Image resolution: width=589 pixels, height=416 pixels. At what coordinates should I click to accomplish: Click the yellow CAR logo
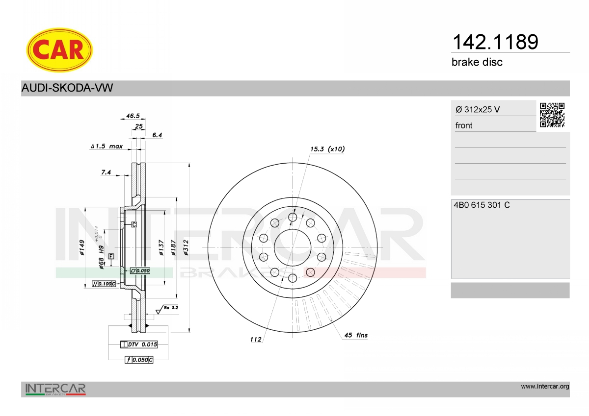tap(59, 50)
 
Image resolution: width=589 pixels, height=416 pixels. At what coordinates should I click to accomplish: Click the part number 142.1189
tap(495, 42)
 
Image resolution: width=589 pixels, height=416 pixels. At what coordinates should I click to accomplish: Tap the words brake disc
tap(477, 62)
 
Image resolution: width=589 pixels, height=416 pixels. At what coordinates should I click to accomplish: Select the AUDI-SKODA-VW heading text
tap(67, 88)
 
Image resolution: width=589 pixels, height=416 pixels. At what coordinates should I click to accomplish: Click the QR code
tap(552, 115)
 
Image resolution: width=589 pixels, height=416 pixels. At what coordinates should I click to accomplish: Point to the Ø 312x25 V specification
tap(478, 109)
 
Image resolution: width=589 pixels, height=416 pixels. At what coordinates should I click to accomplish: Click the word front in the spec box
tap(464, 125)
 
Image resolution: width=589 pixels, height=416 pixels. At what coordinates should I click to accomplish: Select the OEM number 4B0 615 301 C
tap(482, 205)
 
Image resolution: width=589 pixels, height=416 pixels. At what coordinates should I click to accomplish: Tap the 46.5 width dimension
tap(133, 116)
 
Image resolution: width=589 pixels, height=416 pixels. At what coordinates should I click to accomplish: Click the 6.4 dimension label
tap(157, 135)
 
